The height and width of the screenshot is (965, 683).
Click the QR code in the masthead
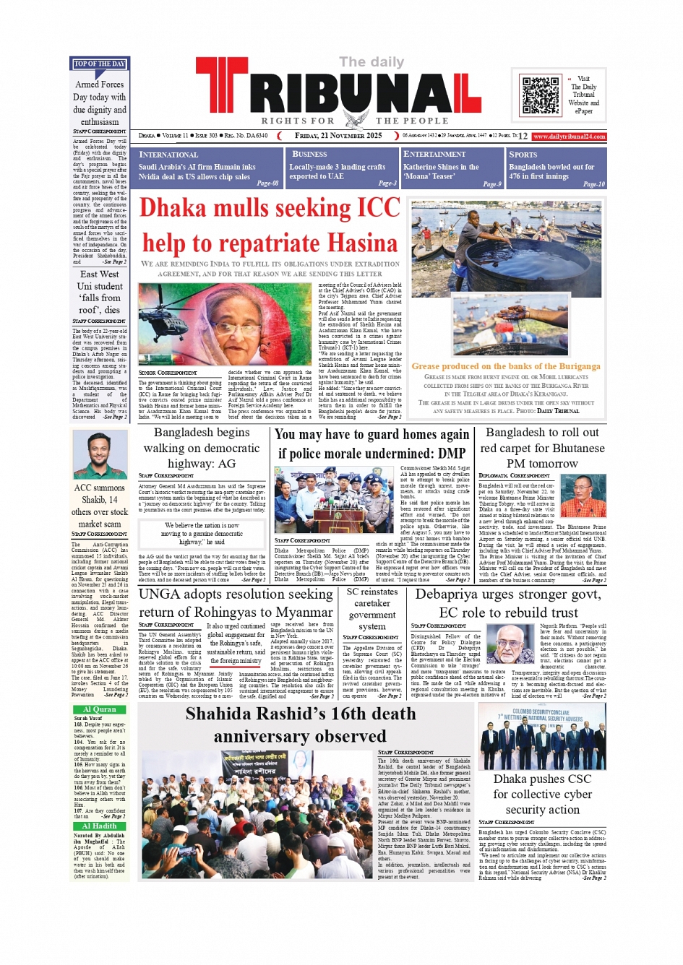click(541, 95)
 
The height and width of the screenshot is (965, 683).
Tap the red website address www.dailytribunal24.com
click(570, 137)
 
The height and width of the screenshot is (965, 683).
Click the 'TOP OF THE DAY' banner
click(99, 64)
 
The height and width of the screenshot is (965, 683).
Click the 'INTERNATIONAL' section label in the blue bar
click(168, 155)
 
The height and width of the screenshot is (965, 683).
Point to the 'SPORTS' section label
click(523, 155)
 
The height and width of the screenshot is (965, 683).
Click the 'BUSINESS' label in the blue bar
click(309, 154)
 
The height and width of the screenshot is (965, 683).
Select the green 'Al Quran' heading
click(99, 710)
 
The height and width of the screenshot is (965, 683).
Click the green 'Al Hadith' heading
click(99, 826)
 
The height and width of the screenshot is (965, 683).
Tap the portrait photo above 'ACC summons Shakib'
click(100, 456)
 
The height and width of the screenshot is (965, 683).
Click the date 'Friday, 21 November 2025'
click(338, 136)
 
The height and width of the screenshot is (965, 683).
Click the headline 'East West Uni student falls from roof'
click(100, 292)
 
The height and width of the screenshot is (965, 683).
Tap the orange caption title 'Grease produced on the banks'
click(506, 366)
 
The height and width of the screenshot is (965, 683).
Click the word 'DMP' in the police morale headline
click(452, 453)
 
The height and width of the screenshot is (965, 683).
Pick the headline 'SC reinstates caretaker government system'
click(372, 609)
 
